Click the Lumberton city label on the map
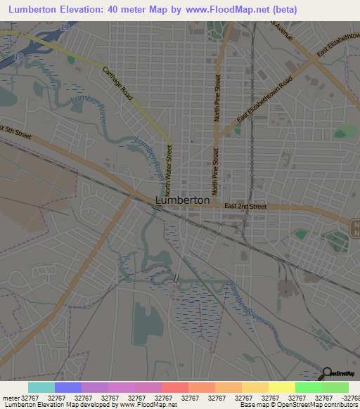pos(182,200)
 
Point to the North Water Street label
pos(168,169)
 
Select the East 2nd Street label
pos(245,207)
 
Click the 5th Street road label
pos(17,131)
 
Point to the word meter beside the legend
pos(11,398)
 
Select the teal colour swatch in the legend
pos(41,387)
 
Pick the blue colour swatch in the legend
pos(68,387)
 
